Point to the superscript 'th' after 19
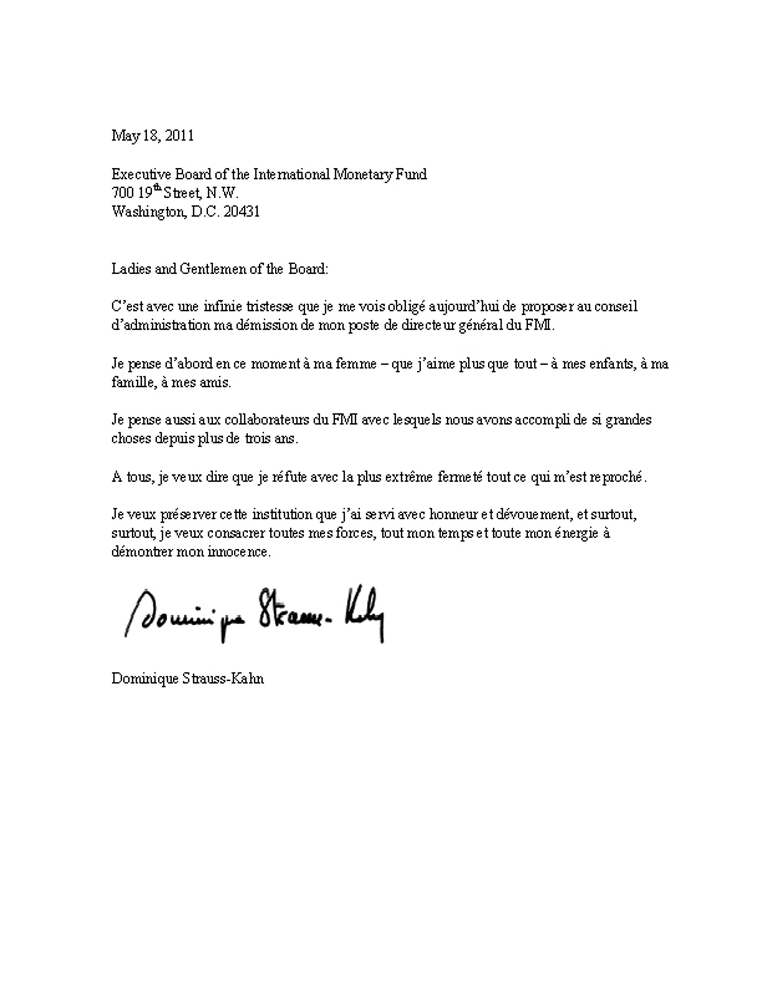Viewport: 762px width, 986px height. [x=157, y=189]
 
